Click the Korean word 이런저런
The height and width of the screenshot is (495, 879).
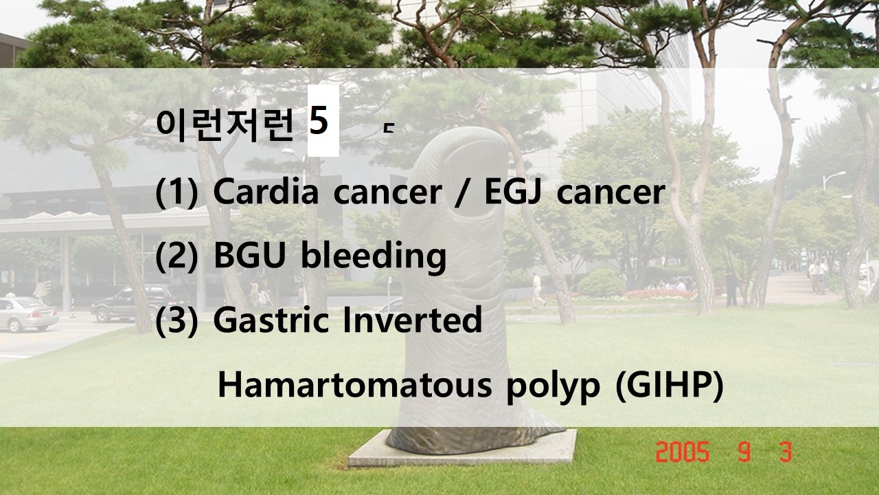click(x=225, y=125)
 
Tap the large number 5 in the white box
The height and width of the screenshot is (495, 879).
click(x=318, y=120)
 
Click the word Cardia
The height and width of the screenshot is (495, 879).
click(x=266, y=191)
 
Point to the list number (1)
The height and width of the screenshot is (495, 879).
click(x=177, y=192)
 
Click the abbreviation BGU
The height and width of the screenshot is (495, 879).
click(x=249, y=255)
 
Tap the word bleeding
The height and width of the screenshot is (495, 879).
click(x=374, y=257)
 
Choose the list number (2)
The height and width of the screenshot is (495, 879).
click(x=177, y=256)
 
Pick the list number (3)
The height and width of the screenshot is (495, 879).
click(x=177, y=320)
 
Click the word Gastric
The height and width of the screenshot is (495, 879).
click(x=271, y=320)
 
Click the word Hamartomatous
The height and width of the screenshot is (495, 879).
click(x=355, y=384)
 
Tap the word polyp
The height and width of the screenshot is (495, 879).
click(x=553, y=387)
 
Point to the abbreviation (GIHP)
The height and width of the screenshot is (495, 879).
click(x=670, y=385)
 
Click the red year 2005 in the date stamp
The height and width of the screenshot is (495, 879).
click(x=683, y=452)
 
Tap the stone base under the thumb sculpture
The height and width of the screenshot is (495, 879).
click(x=463, y=449)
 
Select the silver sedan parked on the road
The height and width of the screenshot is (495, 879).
click(x=27, y=314)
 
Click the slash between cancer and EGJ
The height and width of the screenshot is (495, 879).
click(x=463, y=192)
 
